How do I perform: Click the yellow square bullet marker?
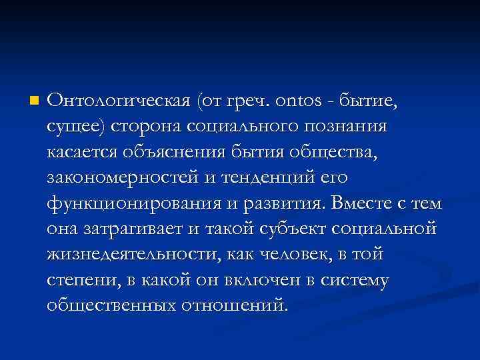click(34, 101)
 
